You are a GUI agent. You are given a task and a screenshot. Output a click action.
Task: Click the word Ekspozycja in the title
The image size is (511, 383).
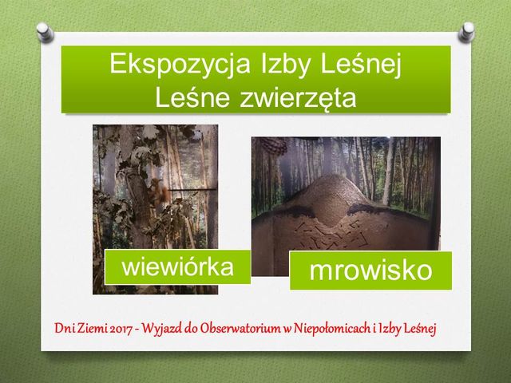[x=180, y=65]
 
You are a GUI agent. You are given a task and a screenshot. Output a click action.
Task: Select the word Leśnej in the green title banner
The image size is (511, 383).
[x=361, y=65]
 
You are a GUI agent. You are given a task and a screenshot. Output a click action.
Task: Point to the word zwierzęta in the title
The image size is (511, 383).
[x=298, y=97]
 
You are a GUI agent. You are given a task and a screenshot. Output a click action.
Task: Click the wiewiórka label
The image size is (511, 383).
[x=177, y=267]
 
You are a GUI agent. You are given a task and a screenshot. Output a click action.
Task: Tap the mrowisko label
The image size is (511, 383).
[x=370, y=270]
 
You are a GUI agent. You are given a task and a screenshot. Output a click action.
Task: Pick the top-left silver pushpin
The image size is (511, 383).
[x=45, y=32]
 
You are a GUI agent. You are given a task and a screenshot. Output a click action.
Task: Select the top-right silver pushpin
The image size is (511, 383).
[x=466, y=32]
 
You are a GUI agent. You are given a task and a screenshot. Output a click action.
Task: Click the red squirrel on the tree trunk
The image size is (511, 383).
[x=160, y=192]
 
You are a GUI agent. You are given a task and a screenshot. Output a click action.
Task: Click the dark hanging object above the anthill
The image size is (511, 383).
[x=274, y=145]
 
